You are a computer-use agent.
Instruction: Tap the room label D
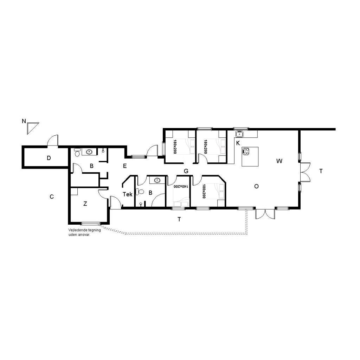coord(49,158)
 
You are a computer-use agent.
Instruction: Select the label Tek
coord(127,194)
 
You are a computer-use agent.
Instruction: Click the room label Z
coord(85,204)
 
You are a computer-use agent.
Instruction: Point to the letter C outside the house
coord(52,197)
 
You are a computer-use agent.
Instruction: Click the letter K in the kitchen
coord(238,143)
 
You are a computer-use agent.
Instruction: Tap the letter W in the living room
coord(279,161)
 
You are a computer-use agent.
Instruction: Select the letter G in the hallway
coord(186,171)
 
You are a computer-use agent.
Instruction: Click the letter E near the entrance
coord(125,166)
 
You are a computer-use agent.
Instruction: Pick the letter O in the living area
coord(256,186)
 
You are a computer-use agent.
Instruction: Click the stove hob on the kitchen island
coord(246,152)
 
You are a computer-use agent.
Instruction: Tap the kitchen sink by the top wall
coord(239,134)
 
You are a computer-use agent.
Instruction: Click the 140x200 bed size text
coord(181,186)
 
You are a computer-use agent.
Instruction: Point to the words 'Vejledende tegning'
coord(84,230)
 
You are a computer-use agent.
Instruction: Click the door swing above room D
coord(53,140)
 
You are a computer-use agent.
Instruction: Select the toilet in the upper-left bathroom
coord(77,152)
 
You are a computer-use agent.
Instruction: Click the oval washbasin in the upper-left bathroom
coord(89,152)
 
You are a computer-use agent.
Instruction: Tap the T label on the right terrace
coord(321,171)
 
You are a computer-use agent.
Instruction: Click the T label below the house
coord(179,219)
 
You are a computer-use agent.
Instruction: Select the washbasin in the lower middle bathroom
coord(157,180)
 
